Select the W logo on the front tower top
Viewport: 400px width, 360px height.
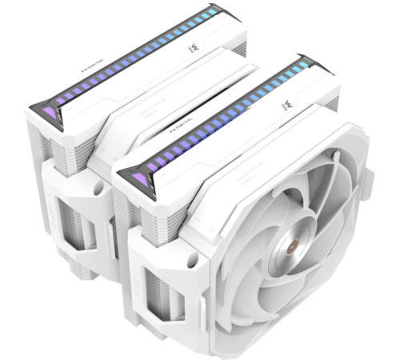(286, 104)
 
